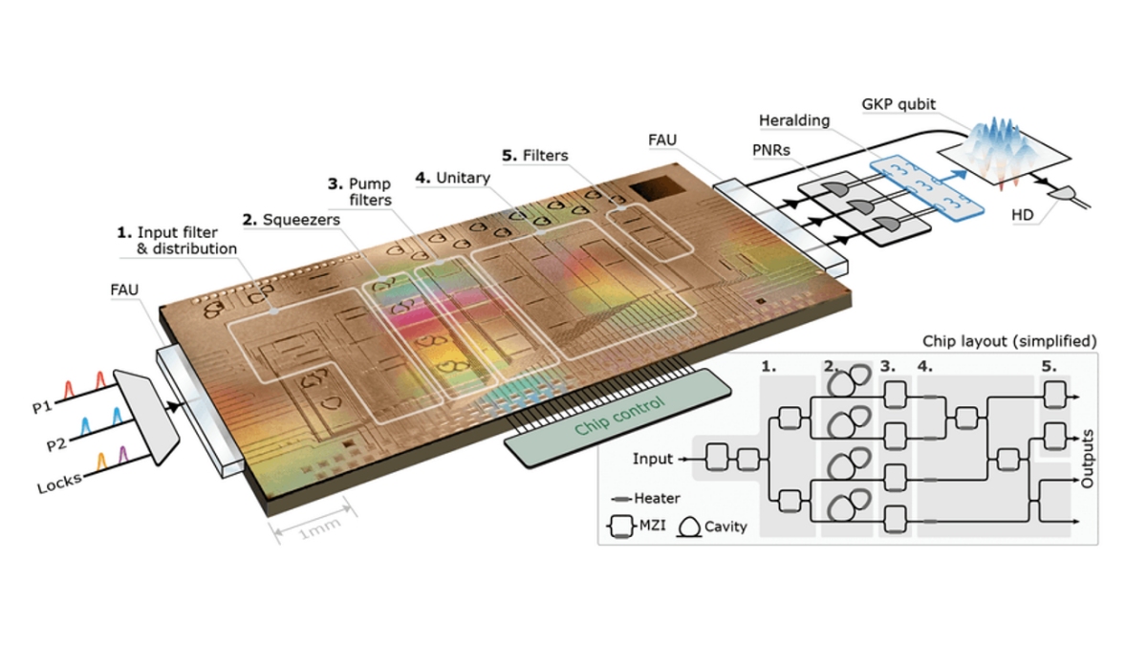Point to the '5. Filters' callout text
pos(535,155)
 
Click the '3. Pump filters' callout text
pos(358,191)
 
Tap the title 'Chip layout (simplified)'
pos(1008,341)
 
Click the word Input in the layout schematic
pos(653,459)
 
